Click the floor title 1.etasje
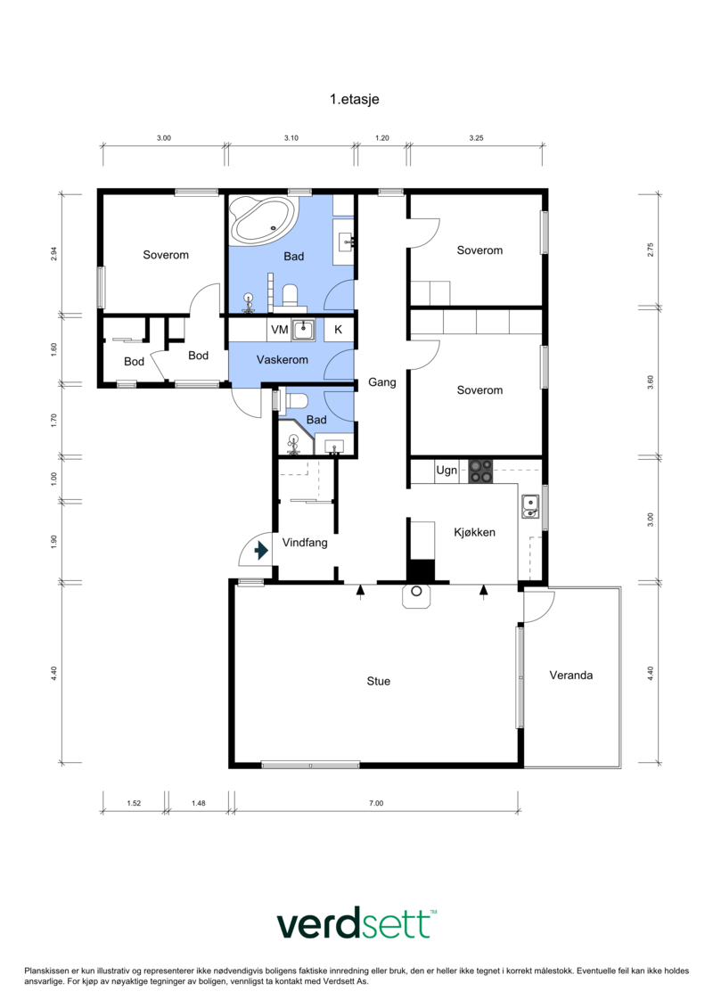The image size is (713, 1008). [x=354, y=99]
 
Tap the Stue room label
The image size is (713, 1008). [x=378, y=682]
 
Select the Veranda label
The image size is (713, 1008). [x=571, y=675]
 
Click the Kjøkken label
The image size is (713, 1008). [x=474, y=532]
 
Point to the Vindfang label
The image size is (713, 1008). [x=305, y=543]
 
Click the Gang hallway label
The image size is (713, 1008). [x=381, y=382]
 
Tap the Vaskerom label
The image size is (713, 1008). [x=283, y=360]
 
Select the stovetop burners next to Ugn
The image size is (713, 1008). [x=479, y=471]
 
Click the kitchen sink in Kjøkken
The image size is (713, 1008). [x=530, y=505]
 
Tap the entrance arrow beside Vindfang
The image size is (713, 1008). [x=261, y=551]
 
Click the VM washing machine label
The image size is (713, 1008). [x=280, y=330]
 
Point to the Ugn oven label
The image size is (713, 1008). [x=447, y=470]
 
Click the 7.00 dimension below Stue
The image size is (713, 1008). [x=376, y=803]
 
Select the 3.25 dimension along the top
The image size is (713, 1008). [x=477, y=138]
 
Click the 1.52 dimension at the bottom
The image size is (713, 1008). [x=134, y=803]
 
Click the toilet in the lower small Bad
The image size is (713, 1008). [x=297, y=401]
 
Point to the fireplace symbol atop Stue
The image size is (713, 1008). [x=416, y=595]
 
